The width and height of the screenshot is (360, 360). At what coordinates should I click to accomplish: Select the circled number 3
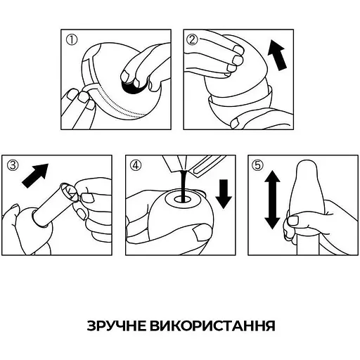12,166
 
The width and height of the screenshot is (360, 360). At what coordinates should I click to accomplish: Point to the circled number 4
136,166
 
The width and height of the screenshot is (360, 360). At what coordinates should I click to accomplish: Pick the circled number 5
258,166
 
